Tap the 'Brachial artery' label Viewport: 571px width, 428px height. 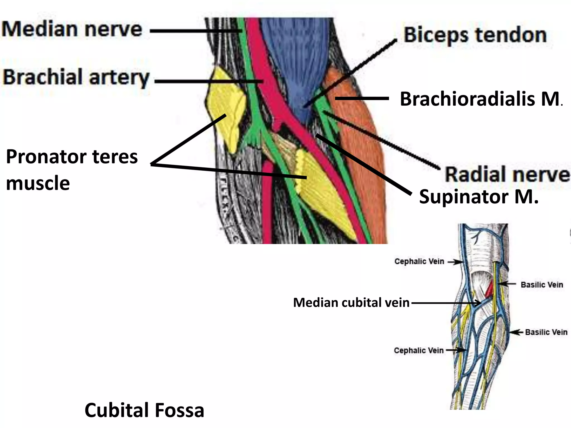pos(76,77)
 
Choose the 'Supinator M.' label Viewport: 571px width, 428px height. pos(478,197)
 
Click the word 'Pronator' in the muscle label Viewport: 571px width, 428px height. pos(46,157)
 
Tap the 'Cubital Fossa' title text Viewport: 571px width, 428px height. pos(144,410)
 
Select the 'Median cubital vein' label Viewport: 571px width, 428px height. pos(351,303)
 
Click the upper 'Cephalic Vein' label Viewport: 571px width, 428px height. pos(419,261)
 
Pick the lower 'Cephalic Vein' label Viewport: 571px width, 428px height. pos(418,350)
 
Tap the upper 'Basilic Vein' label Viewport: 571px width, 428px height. pos(542,284)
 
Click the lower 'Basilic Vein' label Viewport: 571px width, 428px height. pos(546,332)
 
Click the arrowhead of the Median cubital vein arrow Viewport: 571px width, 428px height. pos(479,303)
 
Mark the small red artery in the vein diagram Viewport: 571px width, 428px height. pos(489,290)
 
